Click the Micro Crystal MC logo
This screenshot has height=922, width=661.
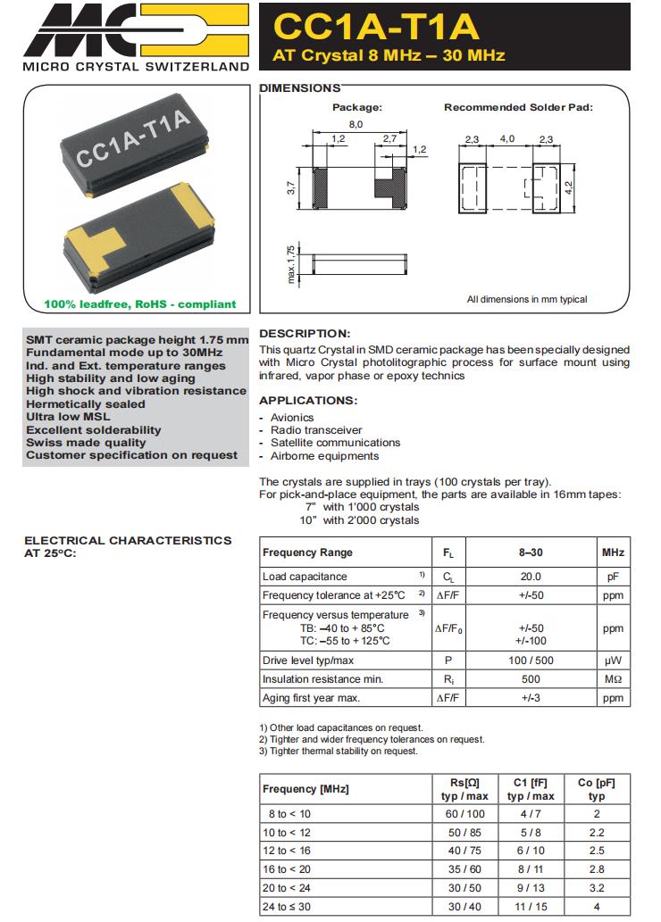(135, 31)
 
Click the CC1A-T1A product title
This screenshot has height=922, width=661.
(376, 28)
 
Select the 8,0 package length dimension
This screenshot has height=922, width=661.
(356, 124)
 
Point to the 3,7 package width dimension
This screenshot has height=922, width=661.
(291, 189)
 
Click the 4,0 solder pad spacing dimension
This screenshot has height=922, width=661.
(506, 138)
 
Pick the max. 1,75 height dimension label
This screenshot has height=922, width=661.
(291, 264)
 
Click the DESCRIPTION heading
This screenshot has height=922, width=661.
(305, 333)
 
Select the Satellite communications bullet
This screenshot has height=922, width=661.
(335, 443)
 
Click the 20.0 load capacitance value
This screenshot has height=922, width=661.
(531, 577)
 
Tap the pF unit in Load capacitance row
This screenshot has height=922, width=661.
(613, 577)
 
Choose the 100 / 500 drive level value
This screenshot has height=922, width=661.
(531, 660)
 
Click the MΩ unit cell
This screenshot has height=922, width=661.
(613, 679)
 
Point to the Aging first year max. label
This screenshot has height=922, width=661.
(311, 698)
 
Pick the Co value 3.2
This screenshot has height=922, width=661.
(597, 887)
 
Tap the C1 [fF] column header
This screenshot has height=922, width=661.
(531, 783)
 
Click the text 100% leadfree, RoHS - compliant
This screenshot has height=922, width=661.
(140, 304)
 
